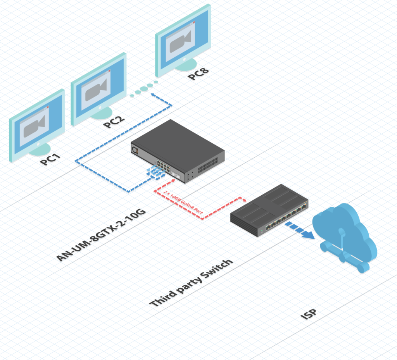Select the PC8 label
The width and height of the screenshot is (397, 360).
click(x=198, y=74)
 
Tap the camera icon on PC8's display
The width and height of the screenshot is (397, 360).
click(x=181, y=40)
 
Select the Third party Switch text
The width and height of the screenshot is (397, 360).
click(x=191, y=283)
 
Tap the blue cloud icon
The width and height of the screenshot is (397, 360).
click(x=343, y=236)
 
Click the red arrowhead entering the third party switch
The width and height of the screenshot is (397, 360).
click(x=244, y=199)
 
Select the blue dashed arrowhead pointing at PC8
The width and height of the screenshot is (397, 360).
click(x=153, y=95)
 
